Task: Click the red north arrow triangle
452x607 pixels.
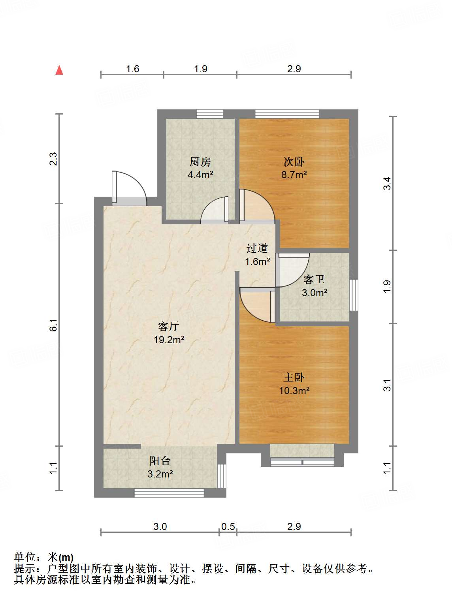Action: point(59,70)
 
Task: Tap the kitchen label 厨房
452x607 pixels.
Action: point(200,162)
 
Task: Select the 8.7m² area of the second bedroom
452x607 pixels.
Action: point(294,175)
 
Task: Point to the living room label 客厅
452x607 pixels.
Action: point(169,326)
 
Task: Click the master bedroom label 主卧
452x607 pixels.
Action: point(294,378)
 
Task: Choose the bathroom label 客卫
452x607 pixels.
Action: point(314,280)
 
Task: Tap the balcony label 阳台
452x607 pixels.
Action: point(160,461)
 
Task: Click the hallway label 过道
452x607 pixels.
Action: point(257,248)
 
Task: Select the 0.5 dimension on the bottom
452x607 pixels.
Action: point(228,526)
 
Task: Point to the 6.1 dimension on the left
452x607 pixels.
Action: point(53,325)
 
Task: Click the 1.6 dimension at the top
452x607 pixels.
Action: point(132,69)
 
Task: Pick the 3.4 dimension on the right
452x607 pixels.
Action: point(387,183)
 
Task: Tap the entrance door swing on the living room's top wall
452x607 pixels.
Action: point(129,188)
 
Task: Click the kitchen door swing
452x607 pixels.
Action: point(215,210)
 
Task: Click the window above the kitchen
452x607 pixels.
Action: point(210,114)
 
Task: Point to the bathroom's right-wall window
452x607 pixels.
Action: point(354,295)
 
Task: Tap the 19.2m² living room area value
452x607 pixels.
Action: point(169,340)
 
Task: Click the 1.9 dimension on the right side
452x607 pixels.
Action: point(387,287)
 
